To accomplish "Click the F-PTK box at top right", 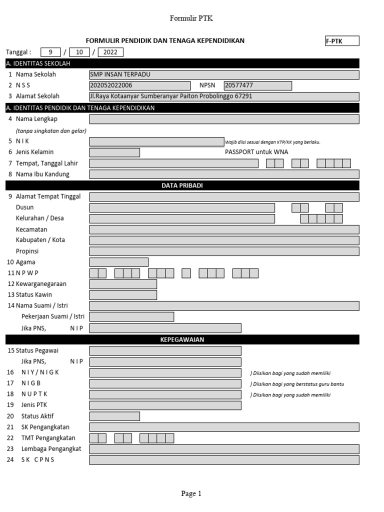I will pos(342,41).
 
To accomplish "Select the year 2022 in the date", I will pos(110,52).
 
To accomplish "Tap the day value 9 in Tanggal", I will pos(50,52).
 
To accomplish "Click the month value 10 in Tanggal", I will pos(79,52).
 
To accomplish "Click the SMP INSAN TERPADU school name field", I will pos(224,74).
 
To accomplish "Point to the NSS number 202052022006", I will pos(139,85).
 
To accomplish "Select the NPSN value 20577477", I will pos(257,85).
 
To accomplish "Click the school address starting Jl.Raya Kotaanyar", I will pos(224,96).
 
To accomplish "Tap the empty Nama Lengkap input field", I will pos(224,119).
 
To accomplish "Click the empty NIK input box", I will pos(156,141).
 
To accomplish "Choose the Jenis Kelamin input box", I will pos(114,152).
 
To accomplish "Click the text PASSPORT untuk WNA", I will pos(256,152).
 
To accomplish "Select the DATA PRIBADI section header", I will pos(182,185).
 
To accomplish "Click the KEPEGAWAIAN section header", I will pos(182,339).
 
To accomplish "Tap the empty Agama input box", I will pos(118,262).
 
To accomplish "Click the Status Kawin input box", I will pos(123,294).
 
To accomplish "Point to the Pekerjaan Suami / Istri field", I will pos(131,316).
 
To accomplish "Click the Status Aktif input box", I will pos(114,416).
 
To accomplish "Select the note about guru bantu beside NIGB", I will pos(297,384).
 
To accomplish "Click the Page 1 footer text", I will pos(191,493).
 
